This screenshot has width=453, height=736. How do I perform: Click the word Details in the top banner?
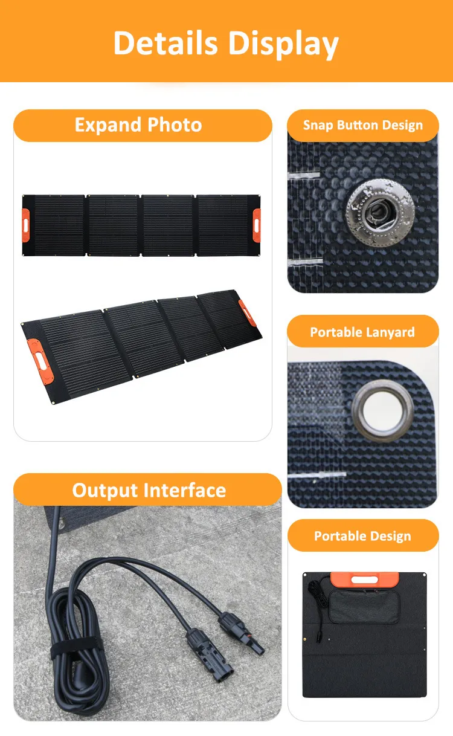coord(165,44)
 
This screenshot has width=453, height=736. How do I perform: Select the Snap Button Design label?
coord(363,126)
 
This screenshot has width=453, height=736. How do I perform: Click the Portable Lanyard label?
coord(362,332)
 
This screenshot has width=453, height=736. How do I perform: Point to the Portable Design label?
coord(362,537)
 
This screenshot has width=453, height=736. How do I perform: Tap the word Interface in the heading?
coord(187,490)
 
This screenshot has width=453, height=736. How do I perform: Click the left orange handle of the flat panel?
coord(26,217)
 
